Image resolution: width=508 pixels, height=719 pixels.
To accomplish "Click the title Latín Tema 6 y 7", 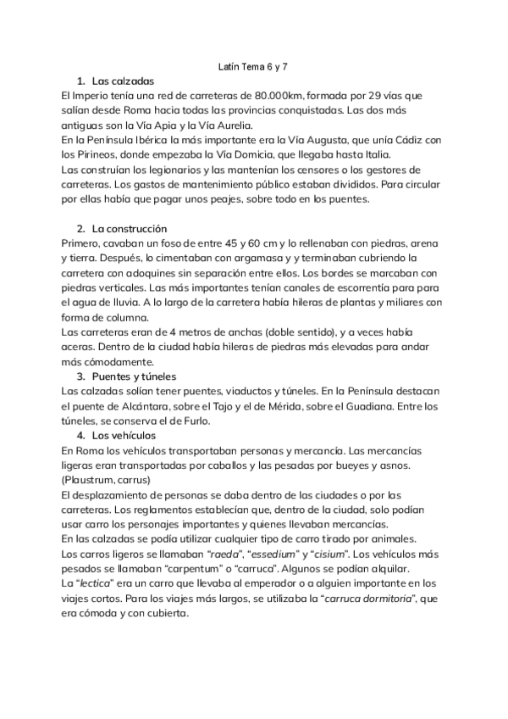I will coord(253,65).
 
